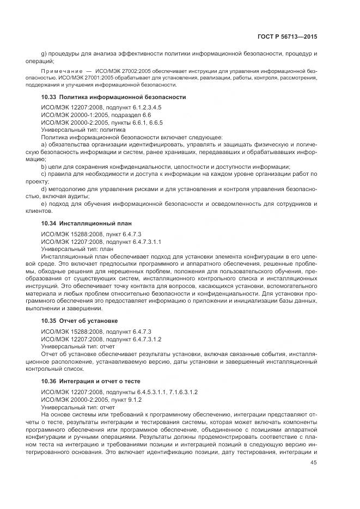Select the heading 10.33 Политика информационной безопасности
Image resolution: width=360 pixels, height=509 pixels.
113,97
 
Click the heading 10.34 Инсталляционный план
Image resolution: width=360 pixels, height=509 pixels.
86,224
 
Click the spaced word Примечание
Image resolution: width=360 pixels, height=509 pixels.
61,71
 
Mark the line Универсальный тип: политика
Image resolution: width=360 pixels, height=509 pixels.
83,130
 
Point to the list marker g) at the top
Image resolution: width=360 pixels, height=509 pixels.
44,54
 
